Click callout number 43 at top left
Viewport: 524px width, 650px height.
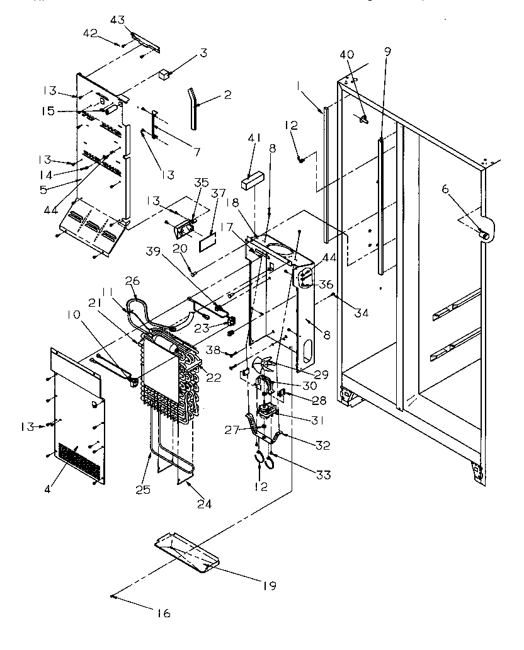[117, 21]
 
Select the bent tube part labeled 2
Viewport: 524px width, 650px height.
[195, 106]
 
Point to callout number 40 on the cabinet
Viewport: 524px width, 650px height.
[346, 54]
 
